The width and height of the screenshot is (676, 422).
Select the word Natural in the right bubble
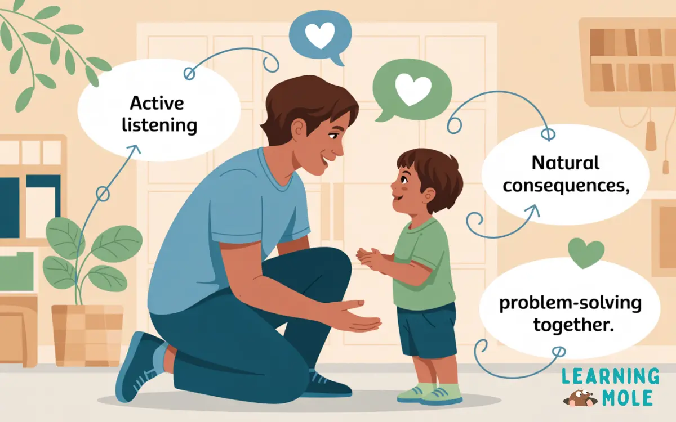pyautogui.click(x=565, y=164)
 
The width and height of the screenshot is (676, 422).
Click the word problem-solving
pyautogui.click(x=570, y=304)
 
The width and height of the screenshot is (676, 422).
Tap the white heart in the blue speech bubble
pyautogui.click(x=319, y=35)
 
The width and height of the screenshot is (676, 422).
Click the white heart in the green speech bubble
pyautogui.click(x=412, y=89)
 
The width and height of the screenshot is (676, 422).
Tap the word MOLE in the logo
pyautogui.click(x=630, y=397)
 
